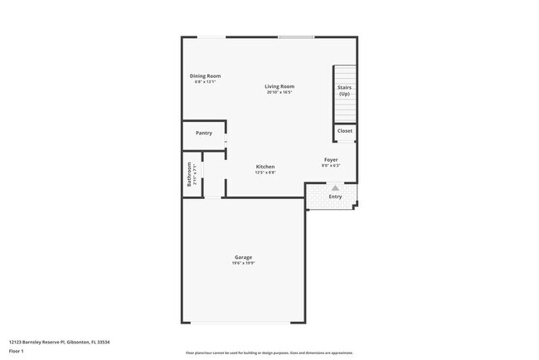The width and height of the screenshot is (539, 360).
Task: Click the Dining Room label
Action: click(205, 76)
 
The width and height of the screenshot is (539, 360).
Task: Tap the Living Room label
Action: click(279, 86)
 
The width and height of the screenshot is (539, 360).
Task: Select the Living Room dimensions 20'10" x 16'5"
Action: click(279, 92)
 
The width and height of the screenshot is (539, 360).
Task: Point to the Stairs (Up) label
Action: click(344, 90)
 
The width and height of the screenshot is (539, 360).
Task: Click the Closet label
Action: click(344, 131)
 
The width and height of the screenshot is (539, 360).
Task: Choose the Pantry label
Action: click(204, 133)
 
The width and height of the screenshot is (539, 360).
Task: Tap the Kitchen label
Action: click(265, 167)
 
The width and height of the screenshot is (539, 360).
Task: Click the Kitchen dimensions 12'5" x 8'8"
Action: click(265, 173)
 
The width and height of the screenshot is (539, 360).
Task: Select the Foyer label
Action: click(331, 159)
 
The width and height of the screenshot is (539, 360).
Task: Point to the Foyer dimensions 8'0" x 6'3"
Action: click(331, 165)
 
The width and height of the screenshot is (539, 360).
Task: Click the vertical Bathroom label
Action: click(189, 174)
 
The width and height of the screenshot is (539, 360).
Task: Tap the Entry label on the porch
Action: click(335, 197)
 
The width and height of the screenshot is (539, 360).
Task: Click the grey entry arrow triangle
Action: click(335, 188)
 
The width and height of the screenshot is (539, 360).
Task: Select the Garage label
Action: click(243, 257)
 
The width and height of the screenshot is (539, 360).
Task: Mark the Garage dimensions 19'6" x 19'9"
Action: click(243, 263)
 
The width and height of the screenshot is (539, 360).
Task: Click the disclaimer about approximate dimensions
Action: click(269, 353)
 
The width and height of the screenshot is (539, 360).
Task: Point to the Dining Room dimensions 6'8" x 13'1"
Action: click(205, 82)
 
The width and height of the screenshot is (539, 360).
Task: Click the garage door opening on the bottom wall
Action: click(243, 323)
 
